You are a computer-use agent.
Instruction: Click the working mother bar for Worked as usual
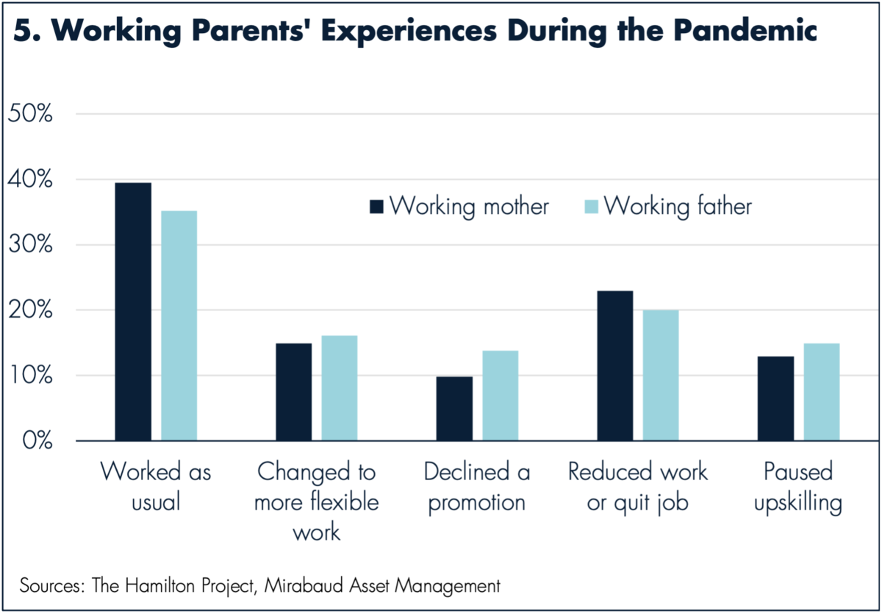click(133, 312)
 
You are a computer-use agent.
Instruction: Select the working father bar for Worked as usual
click(179, 326)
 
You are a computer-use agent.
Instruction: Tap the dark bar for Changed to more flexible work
click(294, 392)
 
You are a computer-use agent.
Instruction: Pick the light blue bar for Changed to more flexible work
click(340, 388)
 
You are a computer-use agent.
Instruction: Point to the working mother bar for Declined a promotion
click(454, 408)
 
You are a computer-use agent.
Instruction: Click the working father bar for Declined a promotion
click(501, 396)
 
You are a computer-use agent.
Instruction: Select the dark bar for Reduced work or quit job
click(615, 365)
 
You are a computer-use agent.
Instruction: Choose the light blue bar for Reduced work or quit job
click(661, 375)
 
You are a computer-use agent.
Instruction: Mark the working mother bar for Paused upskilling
click(775, 399)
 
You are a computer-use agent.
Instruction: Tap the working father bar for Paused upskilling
click(822, 392)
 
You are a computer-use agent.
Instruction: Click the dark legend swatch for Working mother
click(376, 207)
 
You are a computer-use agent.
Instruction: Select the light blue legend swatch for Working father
click(592, 207)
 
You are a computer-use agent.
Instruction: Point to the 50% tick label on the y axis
click(30, 114)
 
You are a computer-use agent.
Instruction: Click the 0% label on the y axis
click(37, 440)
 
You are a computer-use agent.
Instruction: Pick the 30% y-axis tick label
click(30, 245)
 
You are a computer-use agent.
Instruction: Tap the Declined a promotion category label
click(477, 488)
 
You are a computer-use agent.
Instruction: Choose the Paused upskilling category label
click(798, 488)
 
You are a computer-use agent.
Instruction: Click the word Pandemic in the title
click(745, 30)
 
